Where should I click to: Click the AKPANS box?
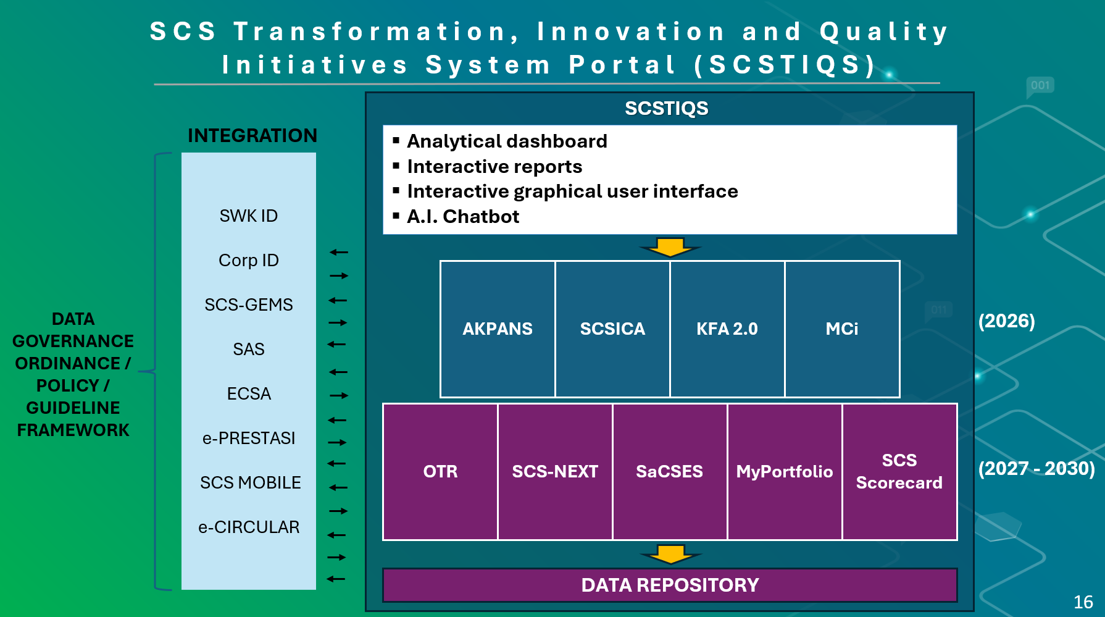click(x=498, y=329)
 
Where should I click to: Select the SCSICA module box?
click(x=612, y=329)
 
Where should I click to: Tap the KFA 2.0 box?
click(x=727, y=329)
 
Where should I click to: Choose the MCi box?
click(x=842, y=329)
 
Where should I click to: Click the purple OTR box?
click(x=440, y=471)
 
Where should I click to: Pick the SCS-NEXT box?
click(x=555, y=471)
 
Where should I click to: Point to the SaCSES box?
click(x=670, y=471)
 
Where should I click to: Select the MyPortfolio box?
click(x=785, y=471)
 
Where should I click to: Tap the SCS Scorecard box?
click(x=899, y=471)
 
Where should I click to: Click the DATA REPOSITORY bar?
click(x=670, y=585)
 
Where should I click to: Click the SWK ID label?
click(x=249, y=216)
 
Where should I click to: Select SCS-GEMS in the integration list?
click(x=249, y=305)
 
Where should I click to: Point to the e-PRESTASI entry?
click(x=249, y=439)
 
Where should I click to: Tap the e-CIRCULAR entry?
click(x=249, y=527)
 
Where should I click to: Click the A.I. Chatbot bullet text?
click(x=463, y=217)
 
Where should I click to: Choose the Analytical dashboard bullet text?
click(x=507, y=141)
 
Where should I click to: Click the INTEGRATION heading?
click(x=252, y=136)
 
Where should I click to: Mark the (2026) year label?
click(x=1006, y=321)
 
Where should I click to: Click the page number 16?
click(x=1083, y=602)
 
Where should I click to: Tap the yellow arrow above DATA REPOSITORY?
click(x=670, y=554)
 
